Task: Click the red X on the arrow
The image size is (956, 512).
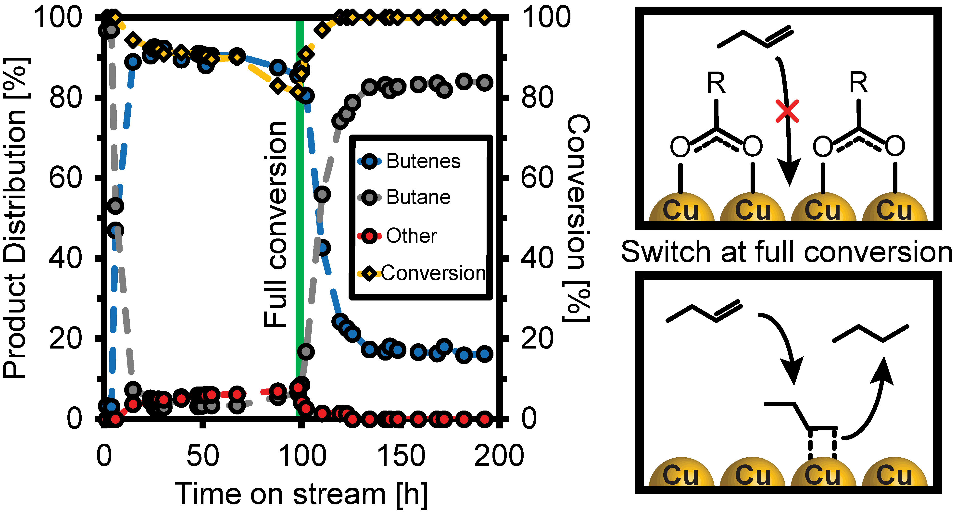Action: point(787,111)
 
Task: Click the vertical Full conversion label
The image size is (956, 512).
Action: point(275,225)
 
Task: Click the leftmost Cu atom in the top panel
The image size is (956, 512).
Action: point(681,210)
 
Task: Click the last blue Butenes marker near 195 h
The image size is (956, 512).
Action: point(485,354)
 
